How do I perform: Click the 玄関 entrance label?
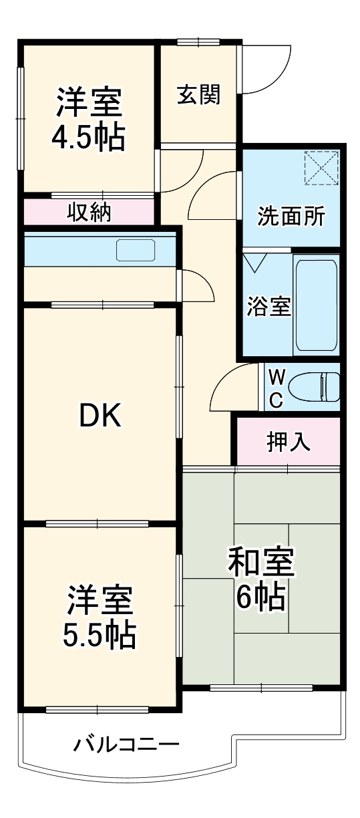tap(198, 96)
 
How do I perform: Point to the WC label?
tap(278, 388)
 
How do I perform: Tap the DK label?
tap(100, 416)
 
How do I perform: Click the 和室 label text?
tap(261, 563)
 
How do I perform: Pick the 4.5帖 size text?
tap(88, 137)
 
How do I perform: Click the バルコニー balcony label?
tap(126, 744)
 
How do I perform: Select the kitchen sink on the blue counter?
tap(136, 251)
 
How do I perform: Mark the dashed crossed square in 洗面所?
tap(321, 168)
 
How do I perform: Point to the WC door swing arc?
tap(227, 388)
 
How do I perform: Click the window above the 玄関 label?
tap(199, 42)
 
